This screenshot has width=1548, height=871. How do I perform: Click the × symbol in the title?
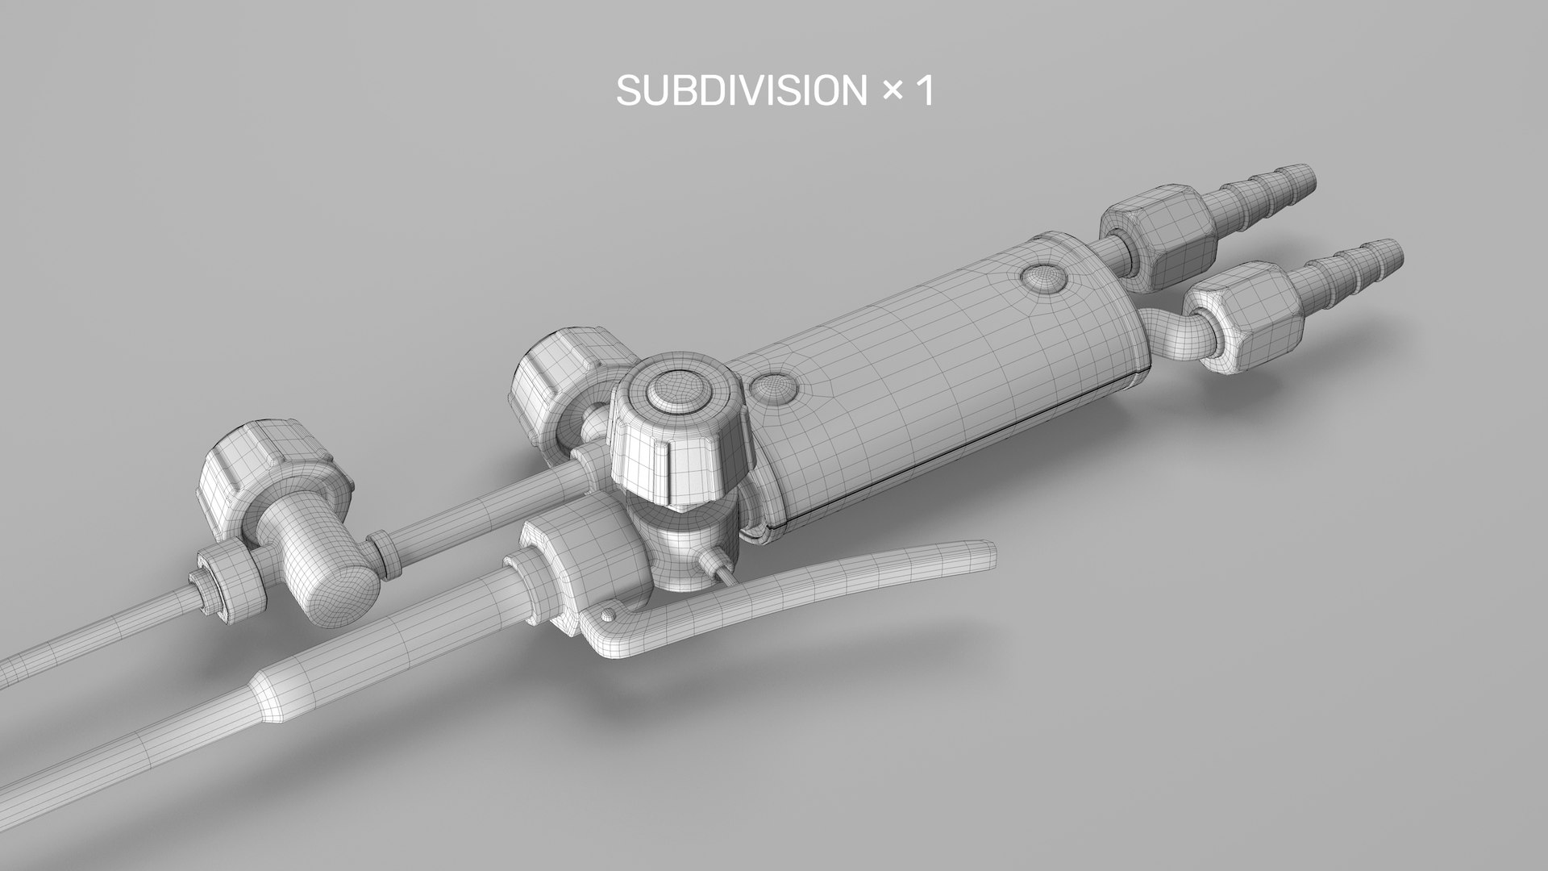click(x=891, y=92)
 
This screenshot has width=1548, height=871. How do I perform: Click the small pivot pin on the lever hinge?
click(x=606, y=616)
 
